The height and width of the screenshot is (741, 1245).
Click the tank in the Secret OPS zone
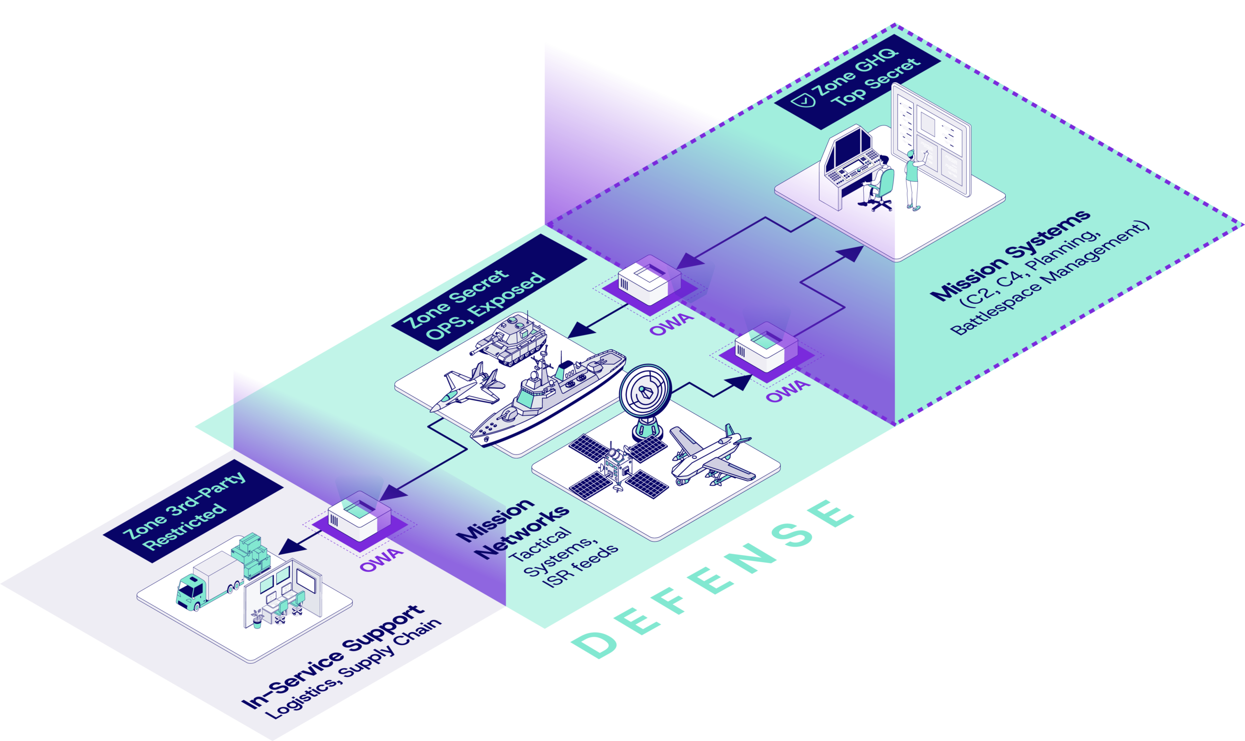[509, 339]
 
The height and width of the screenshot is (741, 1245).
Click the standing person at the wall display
[913, 177]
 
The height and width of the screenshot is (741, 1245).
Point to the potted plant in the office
[257, 619]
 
